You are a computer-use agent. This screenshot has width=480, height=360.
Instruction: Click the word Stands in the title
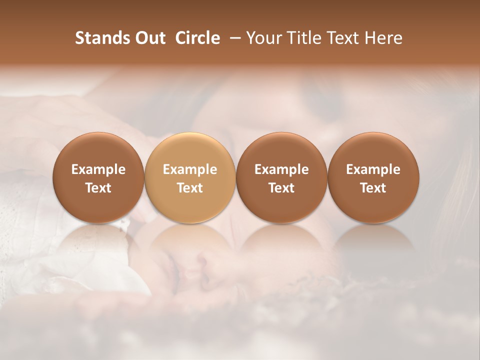tap(103, 38)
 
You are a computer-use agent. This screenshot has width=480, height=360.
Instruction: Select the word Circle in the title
tap(197, 38)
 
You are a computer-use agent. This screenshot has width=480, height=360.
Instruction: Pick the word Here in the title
tap(383, 38)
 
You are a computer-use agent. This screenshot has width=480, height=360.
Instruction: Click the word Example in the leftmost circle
tap(98, 169)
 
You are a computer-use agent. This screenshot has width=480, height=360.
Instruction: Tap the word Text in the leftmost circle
tap(98, 188)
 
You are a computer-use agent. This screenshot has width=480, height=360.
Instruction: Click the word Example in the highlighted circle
tap(190, 169)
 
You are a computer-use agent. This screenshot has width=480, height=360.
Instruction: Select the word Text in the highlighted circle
tap(190, 188)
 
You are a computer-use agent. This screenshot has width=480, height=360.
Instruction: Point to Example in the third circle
tap(281, 169)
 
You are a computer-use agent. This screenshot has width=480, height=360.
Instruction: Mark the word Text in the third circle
tap(281, 188)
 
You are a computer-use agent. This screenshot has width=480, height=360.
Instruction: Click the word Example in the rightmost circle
tap(373, 169)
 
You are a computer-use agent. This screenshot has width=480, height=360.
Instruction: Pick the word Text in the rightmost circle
tap(373, 188)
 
